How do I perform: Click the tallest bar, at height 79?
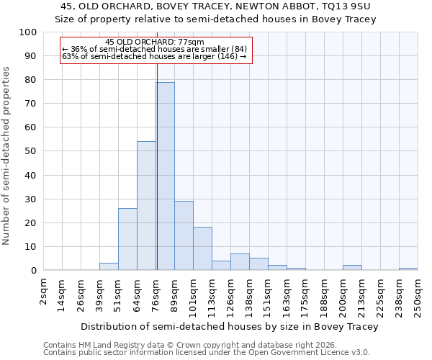pyautogui.click(x=165, y=176)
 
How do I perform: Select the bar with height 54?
pyautogui.click(x=146, y=206)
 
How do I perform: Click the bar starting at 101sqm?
pyautogui.click(x=202, y=248)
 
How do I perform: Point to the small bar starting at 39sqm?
pyautogui.click(x=109, y=266)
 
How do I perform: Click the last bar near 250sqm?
pyautogui.click(x=408, y=269)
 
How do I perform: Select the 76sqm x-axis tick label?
pyautogui.click(x=156, y=293)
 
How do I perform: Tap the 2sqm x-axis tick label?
pyautogui.click(x=44, y=291)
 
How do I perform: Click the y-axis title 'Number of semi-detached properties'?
pyautogui.click(x=7, y=156)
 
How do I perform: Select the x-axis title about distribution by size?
pyautogui.click(x=229, y=326)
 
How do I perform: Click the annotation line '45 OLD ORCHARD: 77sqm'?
pyautogui.click(x=154, y=42)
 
